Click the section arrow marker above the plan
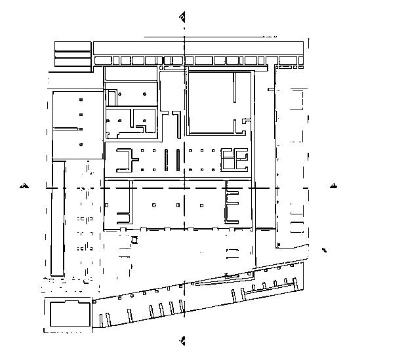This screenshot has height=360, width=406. pyautogui.click(x=183, y=16)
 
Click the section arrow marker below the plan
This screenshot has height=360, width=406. pyautogui.click(x=183, y=340)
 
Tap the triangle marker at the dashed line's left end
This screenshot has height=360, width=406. pyautogui.click(x=24, y=186)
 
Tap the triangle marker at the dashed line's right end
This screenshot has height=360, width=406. pyautogui.click(x=335, y=186)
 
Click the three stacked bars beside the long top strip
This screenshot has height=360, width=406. pyautogui.click(x=72, y=54)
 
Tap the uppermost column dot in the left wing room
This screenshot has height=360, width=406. pyautogui.click(x=81, y=100)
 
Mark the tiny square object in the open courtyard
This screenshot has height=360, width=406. pyautogui.click(x=136, y=240)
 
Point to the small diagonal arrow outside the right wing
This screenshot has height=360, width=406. pyautogui.click(x=325, y=250)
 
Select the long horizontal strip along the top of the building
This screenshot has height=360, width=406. pyautogui.click(x=199, y=48)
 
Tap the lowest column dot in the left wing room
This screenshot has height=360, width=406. pyautogui.click(x=81, y=144)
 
